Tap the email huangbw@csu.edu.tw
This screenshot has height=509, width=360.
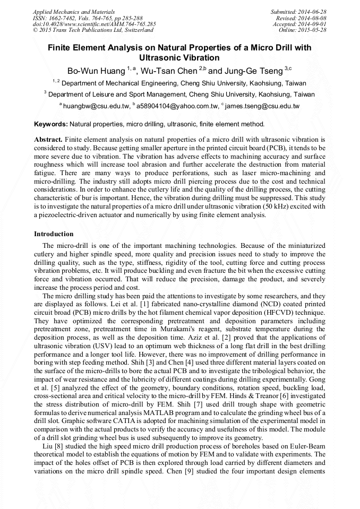click(96, 106)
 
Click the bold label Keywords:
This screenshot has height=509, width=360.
click(50, 124)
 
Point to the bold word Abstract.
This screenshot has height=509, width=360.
click(49, 139)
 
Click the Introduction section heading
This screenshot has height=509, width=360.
click(54, 234)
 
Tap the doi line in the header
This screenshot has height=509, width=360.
click(94, 24)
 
